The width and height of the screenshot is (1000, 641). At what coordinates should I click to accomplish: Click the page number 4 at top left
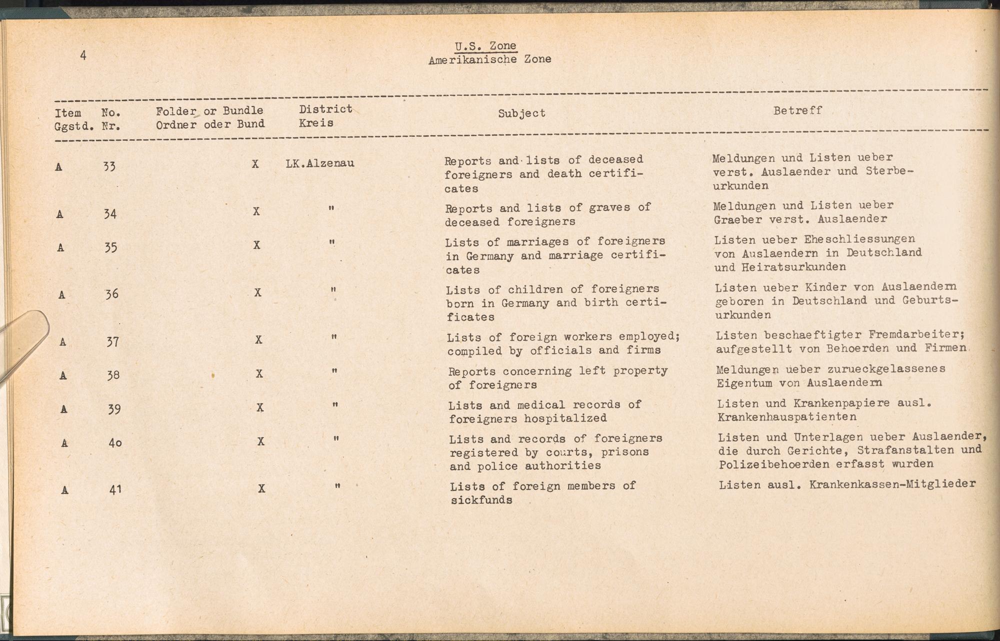[83, 55]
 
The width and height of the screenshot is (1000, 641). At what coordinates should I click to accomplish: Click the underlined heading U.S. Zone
[485, 46]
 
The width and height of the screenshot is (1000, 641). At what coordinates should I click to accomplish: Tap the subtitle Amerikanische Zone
[489, 59]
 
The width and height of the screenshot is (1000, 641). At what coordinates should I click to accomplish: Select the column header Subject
[521, 113]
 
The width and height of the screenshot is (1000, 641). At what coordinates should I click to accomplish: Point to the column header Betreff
[797, 110]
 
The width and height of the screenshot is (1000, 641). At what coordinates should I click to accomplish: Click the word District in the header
[325, 109]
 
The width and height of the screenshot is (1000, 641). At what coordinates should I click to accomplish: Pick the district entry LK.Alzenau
[320, 163]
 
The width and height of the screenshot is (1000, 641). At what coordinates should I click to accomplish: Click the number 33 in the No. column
[109, 166]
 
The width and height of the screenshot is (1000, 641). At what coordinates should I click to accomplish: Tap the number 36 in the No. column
[111, 294]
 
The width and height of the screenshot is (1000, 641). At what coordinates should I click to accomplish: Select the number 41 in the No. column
[115, 490]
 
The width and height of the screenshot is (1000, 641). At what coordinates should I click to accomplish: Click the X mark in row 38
[259, 374]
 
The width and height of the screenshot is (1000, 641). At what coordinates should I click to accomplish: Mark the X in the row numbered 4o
[260, 442]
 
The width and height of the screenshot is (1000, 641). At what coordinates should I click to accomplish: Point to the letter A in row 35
[60, 248]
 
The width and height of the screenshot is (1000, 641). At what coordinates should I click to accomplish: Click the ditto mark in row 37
[334, 338]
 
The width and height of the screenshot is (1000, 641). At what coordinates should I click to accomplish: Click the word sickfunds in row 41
[481, 500]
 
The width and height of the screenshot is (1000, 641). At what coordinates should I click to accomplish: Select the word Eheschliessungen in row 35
[859, 239]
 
